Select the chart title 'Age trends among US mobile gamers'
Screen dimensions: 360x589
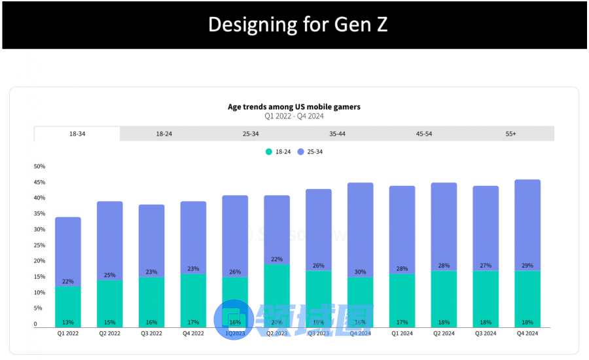pyautogui.click(x=294, y=107)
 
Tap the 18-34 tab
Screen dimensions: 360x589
pyautogui.click(x=77, y=134)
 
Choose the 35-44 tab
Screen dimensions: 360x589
pyautogui.click(x=337, y=134)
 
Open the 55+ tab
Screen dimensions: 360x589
pyautogui.click(x=510, y=134)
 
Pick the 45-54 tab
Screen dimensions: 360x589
pyautogui.click(x=424, y=134)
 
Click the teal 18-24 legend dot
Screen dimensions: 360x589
pyautogui.click(x=268, y=152)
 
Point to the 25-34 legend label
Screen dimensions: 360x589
pyautogui.click(x=314, y=152)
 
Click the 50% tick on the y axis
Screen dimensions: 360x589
pyautogui.click(x=39, y=166)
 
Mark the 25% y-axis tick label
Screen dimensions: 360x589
pyautogui.click(x=39, y=245)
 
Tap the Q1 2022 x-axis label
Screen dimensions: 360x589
pyautogui.click(x=68, y=334)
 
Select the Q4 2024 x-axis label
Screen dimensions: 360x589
pyautogui.click(x=527, y=334)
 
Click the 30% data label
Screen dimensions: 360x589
pyautogui.click(x=361, y=272)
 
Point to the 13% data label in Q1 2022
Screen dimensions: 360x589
pyautogui.click(x=68, y=322)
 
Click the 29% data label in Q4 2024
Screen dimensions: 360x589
pyautogui.click(x=527, y=266)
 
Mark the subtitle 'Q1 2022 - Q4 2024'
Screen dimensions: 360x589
pyautogui.click(x=294, y=117)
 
